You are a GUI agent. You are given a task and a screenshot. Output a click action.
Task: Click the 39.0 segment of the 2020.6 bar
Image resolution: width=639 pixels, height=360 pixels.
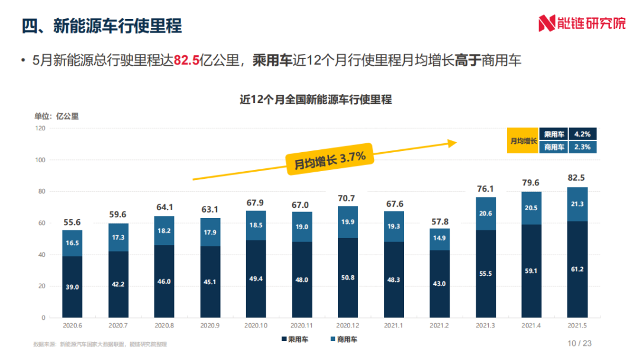tap(72, 287)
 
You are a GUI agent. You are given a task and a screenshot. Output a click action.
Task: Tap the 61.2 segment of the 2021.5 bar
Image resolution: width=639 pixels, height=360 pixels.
tap(577, 269)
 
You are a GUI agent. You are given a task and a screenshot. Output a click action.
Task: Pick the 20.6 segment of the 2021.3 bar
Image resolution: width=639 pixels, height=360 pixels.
tap(485, 214)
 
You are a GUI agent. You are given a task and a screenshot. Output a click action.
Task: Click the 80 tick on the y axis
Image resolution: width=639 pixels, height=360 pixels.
tap(41, 191)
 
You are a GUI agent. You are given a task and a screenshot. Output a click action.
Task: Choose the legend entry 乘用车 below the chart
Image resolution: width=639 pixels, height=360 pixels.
tap(295, 340)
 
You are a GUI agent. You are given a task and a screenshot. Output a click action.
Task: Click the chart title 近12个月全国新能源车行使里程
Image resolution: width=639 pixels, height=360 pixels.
tap(315, 99)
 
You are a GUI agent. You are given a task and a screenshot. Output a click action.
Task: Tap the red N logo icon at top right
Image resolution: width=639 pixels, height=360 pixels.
tap(546, 24)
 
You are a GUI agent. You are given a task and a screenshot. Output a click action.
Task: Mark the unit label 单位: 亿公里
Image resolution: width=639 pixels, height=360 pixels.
tap(56, 116)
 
